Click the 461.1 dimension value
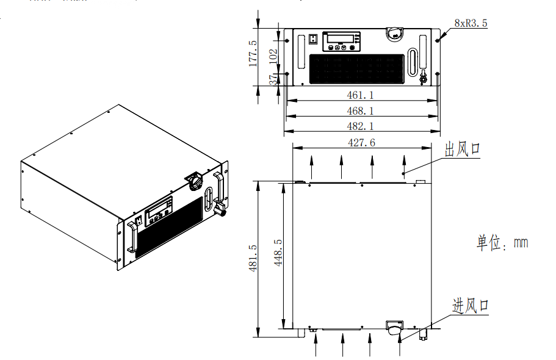tap(360, 95)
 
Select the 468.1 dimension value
tap(360, 110)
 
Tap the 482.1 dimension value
tap(360, 126)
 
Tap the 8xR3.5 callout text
tap(471, 24)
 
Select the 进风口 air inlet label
tap(470, 305)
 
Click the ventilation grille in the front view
tap(357, 69)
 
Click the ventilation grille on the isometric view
tap(169, 225)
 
